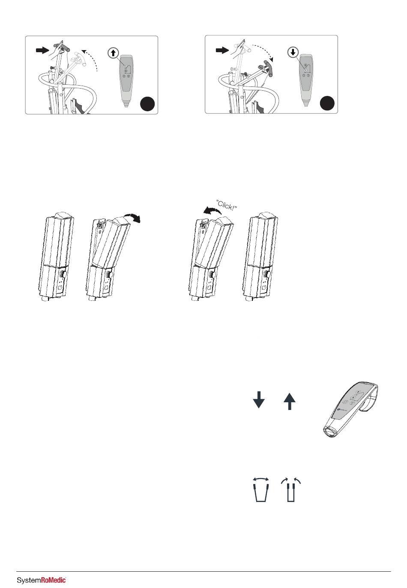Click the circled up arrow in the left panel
point(113,53)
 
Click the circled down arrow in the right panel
point(293,52)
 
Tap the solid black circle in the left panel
point(147,104)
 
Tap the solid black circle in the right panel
point(327,103)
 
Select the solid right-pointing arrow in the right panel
point(222,50)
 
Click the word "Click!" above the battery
point(227,205)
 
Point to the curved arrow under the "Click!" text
point(212,211)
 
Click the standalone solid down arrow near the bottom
point(258,400)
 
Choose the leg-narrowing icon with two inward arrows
point(290,490)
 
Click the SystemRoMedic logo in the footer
point(42,580)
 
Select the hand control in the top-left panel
point(126,80)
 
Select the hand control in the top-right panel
point(305,80)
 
